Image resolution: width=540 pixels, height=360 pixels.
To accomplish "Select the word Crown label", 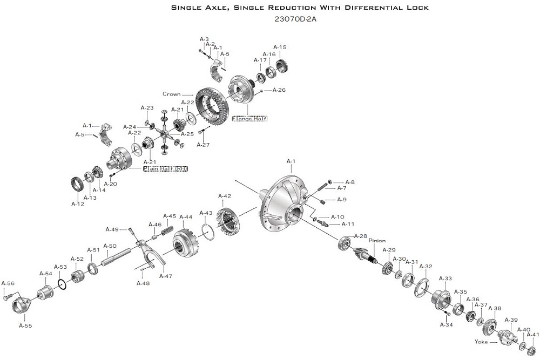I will (x=171, y=94).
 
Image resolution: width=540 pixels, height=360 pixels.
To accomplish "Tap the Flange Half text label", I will (x=249, y=118).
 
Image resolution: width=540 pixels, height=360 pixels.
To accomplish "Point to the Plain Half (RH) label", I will (x=165, y=168).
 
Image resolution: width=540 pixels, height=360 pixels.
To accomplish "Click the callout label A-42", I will (x=224, y=196).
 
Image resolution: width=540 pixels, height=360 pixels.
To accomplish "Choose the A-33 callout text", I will (x=446, y=279).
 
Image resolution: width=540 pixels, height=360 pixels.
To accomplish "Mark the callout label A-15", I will (x=280, y=47).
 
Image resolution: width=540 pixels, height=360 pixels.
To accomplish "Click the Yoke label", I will (x=481, y=342).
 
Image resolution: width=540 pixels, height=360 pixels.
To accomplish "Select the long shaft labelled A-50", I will (x=118, y=256).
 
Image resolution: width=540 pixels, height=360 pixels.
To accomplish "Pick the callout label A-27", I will (x=203, y=145).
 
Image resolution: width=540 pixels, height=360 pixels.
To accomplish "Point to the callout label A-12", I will (x=78, y=203).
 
